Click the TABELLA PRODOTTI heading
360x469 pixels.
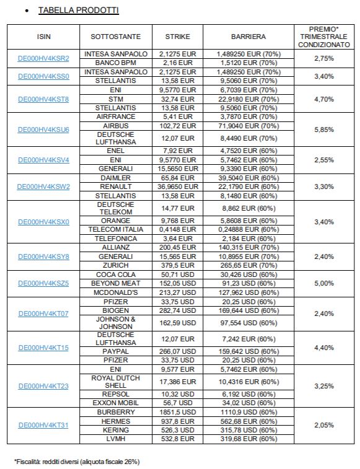pos(79,10)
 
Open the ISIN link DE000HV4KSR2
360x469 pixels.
pos(43,58)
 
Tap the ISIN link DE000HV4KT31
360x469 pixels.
pos(43,425)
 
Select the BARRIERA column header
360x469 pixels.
pos(248,37)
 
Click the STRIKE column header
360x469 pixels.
pos(177,37)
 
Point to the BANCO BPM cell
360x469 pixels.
pos(115,63)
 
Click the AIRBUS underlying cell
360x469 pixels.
pos(115,126)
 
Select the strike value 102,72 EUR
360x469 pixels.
pos(177,126)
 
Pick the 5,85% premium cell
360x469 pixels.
pos(324,129)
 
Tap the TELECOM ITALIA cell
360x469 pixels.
pos(115,229)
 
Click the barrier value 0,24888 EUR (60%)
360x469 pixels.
pos(248,229)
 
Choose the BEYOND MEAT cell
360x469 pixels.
pos(115,283)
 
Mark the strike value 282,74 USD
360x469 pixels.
pos(177,310)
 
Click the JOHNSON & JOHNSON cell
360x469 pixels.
pos(115,323)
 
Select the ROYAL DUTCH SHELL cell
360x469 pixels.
pos(115,382)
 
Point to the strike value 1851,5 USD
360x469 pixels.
pos(177,412)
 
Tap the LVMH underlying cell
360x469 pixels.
pos(115,439)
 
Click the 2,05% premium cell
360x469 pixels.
pos(324,425)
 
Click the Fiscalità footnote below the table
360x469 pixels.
pos(77,462)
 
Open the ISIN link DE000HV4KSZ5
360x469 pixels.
pos(43,283)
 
